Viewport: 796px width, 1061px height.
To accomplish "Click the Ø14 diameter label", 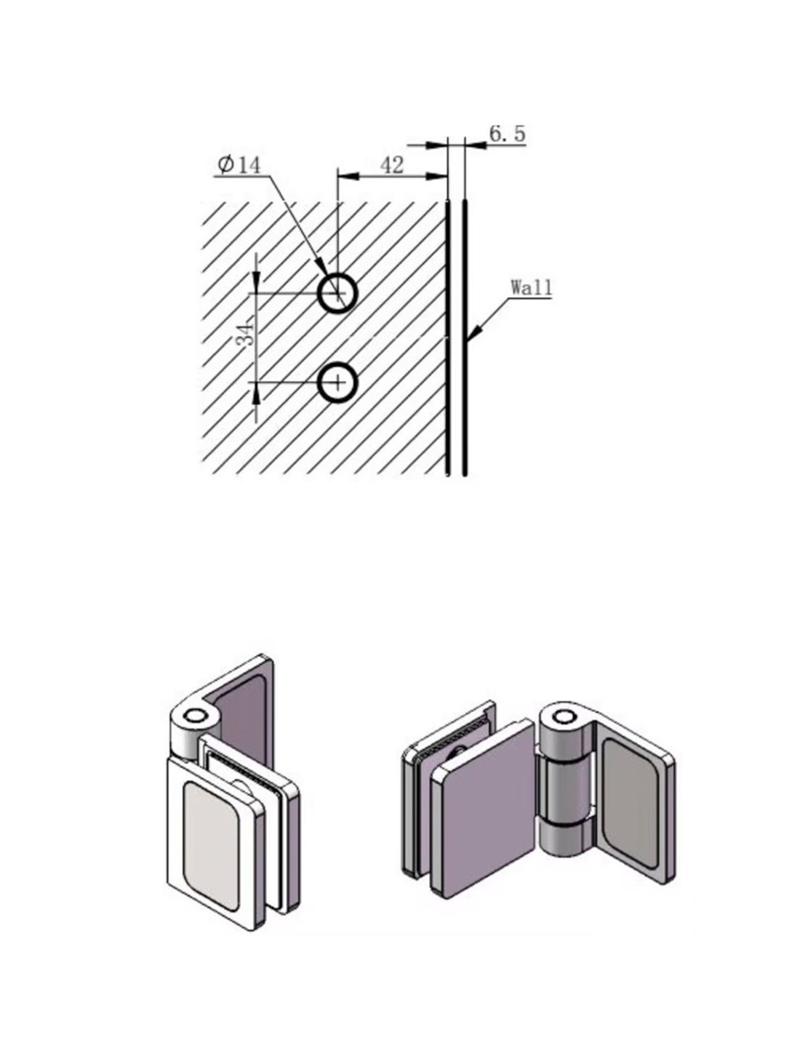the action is coord(239,165).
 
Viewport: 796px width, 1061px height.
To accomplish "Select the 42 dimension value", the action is coord(392,166).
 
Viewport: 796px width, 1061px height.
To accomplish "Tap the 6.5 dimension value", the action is coord(507,134).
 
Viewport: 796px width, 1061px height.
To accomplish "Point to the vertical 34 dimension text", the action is coord(245,332).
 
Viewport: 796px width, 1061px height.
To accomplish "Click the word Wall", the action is coord(532,288).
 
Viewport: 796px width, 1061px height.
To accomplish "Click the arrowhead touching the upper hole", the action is coord(321,268).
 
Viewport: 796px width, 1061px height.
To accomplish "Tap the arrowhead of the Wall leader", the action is coord(474,333).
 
